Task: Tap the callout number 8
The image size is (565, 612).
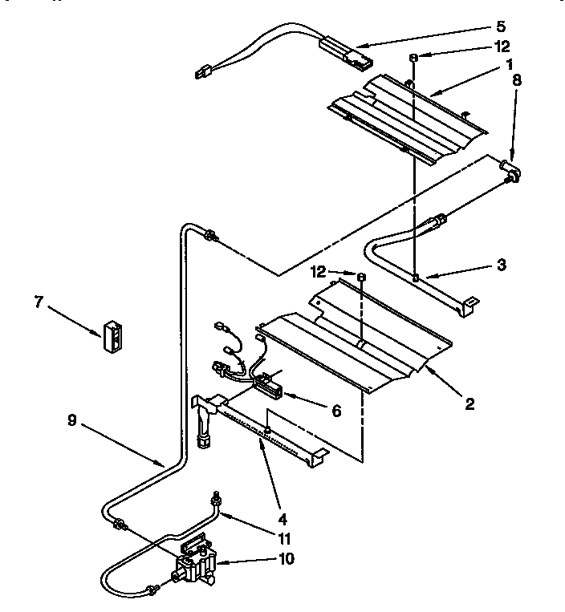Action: (x=515, y=80)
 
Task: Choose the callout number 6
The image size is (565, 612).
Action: (x=336, y=411)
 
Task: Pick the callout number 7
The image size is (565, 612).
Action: (x=38, y=303)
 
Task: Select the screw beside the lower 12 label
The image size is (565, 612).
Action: (x=362, y=278)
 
